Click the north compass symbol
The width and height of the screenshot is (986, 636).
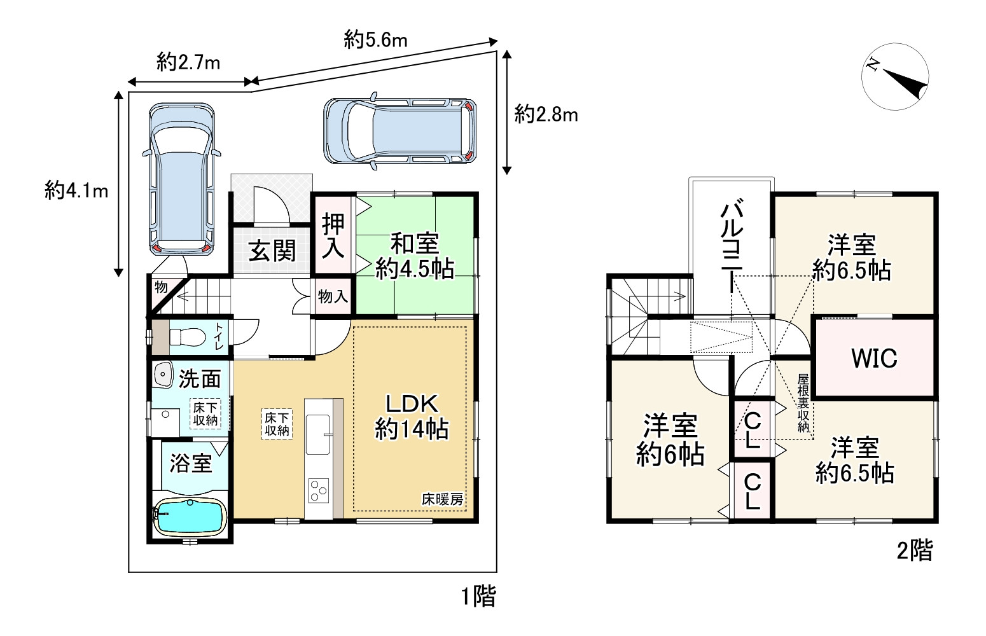(895, 76)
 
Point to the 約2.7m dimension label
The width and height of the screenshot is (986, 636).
(188, 62)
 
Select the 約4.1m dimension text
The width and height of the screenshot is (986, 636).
(76, 191)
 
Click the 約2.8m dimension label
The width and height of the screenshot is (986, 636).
(546, 114)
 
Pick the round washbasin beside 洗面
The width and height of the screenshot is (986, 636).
(163, 375)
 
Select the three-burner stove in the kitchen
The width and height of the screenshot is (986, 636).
(319, 490)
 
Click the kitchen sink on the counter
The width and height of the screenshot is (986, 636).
(318, 434)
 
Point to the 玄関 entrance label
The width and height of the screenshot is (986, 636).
(272, 251)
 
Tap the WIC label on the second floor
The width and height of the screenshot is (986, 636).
(874, 358)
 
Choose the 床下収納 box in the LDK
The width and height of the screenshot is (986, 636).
(277, 424)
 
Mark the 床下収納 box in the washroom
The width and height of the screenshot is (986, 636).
(205, 414)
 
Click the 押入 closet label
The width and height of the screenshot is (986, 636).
(333, 235)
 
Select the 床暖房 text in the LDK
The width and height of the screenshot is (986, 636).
(442, 499)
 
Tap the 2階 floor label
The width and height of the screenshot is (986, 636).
(915, 550)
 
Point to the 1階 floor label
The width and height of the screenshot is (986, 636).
(478, 597)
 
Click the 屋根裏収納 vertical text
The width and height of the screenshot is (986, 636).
(803, 403)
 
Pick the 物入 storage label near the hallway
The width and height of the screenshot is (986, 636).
(333, 296)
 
